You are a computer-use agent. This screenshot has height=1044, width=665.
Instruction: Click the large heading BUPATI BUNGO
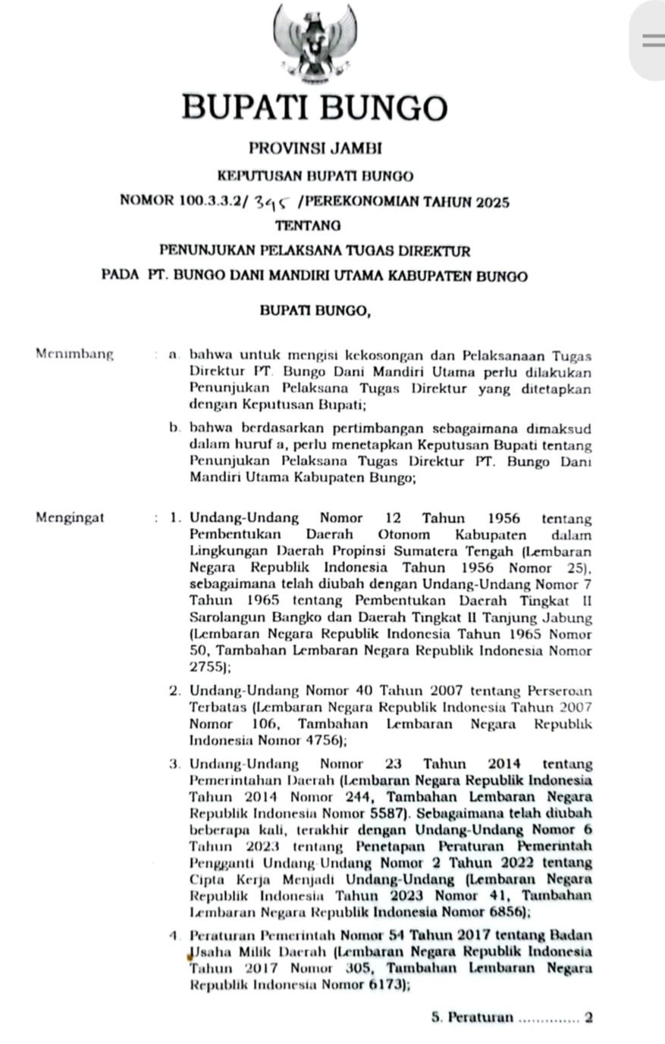pyautogui.click(x=315, y=107)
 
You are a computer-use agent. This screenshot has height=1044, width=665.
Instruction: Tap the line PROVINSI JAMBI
pyautogui.click(x=315, y=149)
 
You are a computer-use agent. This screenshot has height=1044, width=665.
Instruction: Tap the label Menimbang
pyautogui.click(x=74, y=354)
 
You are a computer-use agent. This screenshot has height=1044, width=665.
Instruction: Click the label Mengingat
pyautogui.click(x=70, y=518)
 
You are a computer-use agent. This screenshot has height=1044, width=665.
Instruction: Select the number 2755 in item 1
pyautogui.click(x=205, y=667)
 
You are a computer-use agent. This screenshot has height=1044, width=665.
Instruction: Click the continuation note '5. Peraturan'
pyautogui.click(x=472, y=1017)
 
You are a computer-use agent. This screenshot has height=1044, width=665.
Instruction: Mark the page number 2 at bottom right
pyautogui.click(x=588, y=1017)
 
